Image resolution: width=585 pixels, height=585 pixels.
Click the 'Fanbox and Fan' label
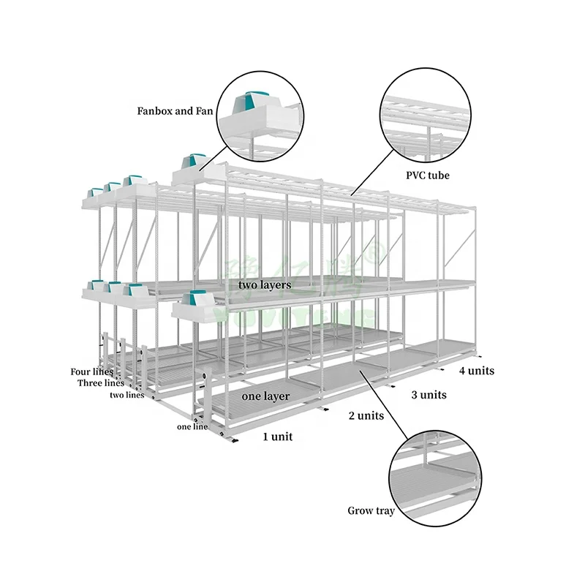175,112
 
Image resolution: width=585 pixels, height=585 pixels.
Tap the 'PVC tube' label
428,175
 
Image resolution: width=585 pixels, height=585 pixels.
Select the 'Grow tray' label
371,511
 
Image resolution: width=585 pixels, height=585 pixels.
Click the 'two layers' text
265,284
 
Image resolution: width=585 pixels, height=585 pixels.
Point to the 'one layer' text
265,396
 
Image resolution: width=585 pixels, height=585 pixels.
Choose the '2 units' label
366,416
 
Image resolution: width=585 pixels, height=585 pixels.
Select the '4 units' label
476,371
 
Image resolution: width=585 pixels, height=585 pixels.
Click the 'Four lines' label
91,371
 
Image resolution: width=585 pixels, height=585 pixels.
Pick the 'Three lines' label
101,383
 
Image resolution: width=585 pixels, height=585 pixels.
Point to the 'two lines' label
127,395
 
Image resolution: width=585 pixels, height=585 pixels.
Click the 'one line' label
192,426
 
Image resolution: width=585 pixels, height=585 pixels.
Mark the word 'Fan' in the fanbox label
203,112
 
